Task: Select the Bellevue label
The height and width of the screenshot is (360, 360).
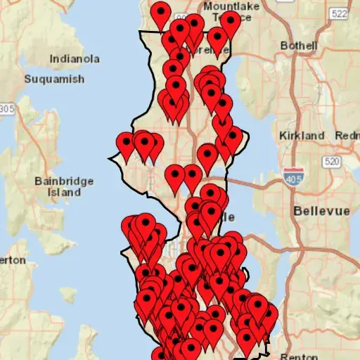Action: [316, 210]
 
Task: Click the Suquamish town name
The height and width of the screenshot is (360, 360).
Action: [54, 79]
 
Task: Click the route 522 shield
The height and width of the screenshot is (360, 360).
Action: [339, 13]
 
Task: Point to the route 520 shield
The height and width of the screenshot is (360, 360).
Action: [330, 162]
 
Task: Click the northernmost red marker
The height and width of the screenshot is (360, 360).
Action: [161, 12]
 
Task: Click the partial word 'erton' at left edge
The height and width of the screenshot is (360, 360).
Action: [13, 260]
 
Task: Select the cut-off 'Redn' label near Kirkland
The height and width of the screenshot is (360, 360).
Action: [347, 135]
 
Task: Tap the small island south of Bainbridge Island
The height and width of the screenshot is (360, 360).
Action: [69, 294]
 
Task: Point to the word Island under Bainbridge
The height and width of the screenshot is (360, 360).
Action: [64, 192]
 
